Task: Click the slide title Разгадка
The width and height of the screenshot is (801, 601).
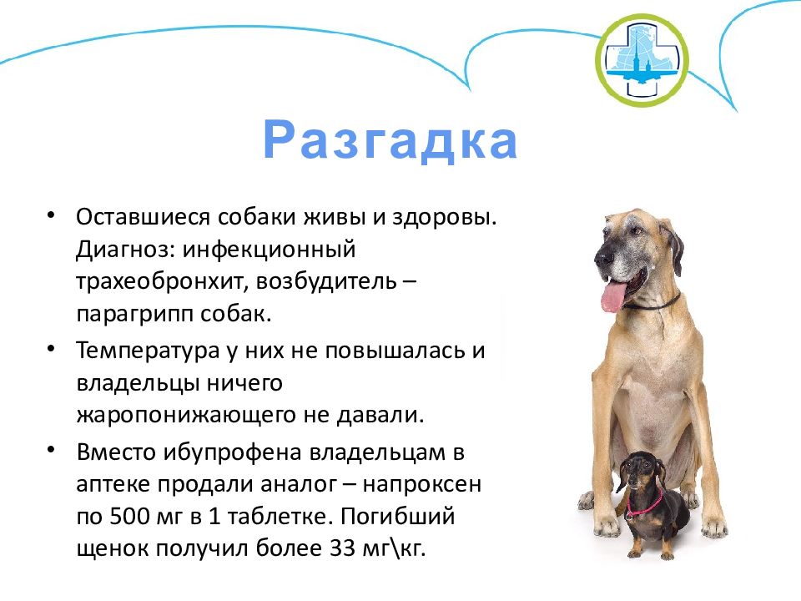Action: point(390,140)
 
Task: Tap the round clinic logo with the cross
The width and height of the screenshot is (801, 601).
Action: point(642,60)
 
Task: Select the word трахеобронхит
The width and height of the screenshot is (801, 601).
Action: point(159,281)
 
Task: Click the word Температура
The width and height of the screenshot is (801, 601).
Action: point(148,351)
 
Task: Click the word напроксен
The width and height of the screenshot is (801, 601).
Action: point(422,484)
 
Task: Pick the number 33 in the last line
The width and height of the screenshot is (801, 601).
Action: point(341,548)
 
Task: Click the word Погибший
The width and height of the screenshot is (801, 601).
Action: point(397,516)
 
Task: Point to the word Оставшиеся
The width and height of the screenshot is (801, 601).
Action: point(143,218)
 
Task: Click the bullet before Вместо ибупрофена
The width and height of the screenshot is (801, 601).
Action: point(51,450)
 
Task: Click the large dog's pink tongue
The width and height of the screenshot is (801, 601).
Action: point(612,297)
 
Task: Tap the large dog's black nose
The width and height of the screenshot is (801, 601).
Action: point(603,255)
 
